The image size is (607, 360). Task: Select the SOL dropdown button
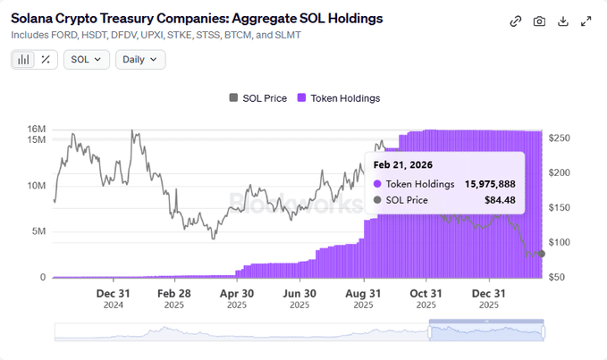pos(87,60)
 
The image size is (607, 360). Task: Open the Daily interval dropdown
pos(140,60)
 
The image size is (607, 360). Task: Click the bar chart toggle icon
pos(24,60)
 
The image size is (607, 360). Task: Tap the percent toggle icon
pos(46,60)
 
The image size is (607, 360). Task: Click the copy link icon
pos(516,21)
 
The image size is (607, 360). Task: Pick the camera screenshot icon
pos(539,21)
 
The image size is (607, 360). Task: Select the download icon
pos(563,21)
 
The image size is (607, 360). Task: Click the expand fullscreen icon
pos(586,21)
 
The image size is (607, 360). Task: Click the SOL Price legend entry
pos(257,98)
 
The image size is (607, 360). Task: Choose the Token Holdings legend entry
pos(339,98)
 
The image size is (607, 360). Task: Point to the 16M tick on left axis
pos(36,130)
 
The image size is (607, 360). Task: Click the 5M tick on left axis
pos(38,231)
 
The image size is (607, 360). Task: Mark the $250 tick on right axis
pos(561,138)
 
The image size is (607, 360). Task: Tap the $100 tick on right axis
pos(561,243)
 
